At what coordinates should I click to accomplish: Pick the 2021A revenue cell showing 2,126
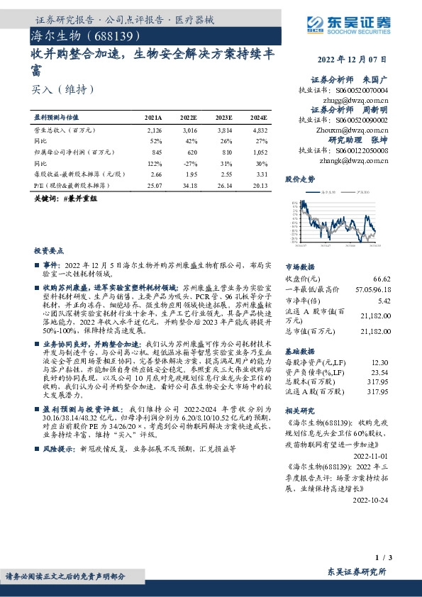pos(154,131)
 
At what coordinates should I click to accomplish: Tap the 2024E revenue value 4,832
pos(260,131)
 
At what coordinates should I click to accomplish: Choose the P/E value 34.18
pos(188,185)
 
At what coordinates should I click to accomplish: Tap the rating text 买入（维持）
pos(62,90)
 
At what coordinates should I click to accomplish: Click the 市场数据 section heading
pos(299,267)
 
